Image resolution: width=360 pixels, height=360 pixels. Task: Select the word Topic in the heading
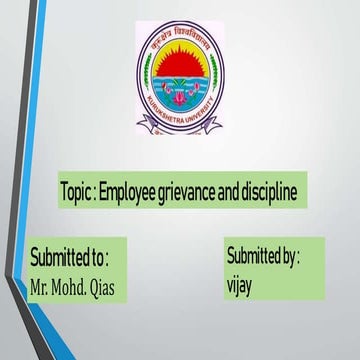(80, 191)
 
